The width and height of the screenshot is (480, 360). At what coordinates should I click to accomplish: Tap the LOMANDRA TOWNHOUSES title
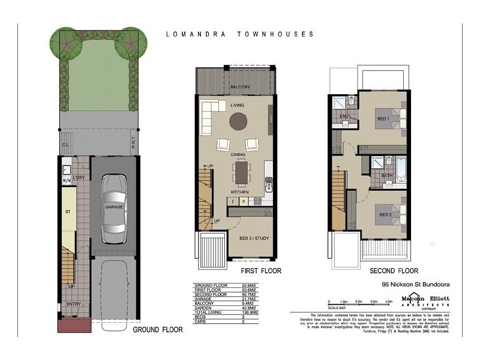click(x=239, y=34)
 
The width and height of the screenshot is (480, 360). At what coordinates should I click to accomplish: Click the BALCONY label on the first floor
click(x=238, y=86)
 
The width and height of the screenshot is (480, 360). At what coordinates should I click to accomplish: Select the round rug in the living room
click(x=238, y=122)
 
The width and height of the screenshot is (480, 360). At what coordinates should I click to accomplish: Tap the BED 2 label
click(x=385, y=214)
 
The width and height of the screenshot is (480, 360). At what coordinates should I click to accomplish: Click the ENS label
click(x=344, y=116)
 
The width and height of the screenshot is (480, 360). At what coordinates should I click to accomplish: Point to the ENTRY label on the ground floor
click(x=74, y=304)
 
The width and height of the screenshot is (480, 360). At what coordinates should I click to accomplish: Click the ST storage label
click(x=68, y=211)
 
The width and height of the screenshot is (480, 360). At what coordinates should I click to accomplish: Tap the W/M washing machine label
click(x=66, y=179)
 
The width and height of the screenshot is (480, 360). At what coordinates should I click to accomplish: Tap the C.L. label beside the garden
click(x=65, y=143)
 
